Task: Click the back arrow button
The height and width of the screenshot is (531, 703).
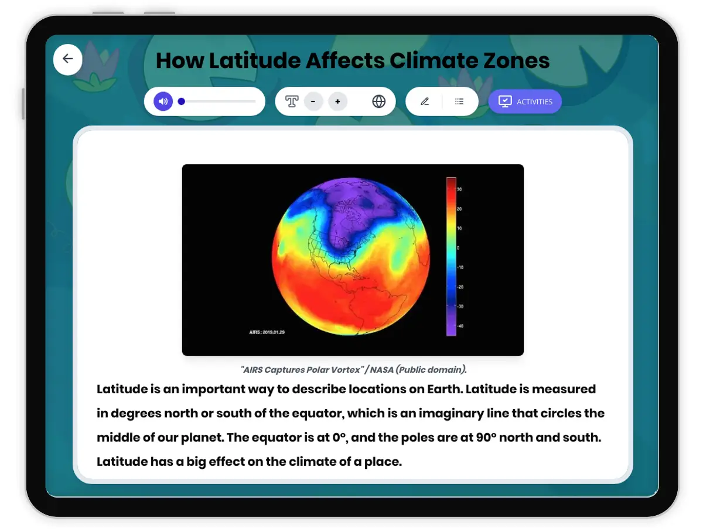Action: coord(68,59)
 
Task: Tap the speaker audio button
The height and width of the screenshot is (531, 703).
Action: coord(163,101)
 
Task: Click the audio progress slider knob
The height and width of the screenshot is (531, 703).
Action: coord(182,101)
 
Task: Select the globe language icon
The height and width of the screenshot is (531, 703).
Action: coord(379,101)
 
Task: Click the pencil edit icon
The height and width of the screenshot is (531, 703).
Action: coord(425,101)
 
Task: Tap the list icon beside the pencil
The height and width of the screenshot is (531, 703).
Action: coord(459,101)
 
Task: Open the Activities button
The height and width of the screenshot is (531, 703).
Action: coord(525,101)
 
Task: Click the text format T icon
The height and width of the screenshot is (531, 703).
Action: coord(292,101)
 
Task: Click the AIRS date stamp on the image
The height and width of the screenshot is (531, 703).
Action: coord(267,332)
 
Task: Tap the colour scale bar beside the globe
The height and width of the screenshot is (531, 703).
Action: coord(451,256)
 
